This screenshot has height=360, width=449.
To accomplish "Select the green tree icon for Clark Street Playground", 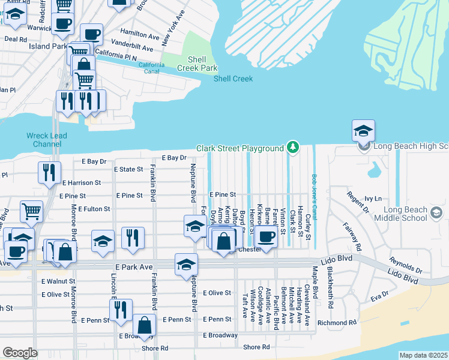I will coord(292,147).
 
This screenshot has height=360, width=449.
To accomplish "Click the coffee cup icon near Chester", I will coord(266,235).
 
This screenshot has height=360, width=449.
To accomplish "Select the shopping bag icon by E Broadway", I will coord(144,327).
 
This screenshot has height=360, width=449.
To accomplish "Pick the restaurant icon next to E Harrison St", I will coord(49,173).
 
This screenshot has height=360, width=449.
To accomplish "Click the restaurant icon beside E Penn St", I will coord(121,310).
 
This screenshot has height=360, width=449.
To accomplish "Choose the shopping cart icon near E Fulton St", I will coord(31,211).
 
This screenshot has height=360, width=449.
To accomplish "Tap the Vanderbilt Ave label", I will coord(130,47).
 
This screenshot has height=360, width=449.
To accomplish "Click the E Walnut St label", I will coord(58,281).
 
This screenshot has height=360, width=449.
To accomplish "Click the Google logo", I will coord(20,353).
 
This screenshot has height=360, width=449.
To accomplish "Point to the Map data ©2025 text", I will coord(423,355).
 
